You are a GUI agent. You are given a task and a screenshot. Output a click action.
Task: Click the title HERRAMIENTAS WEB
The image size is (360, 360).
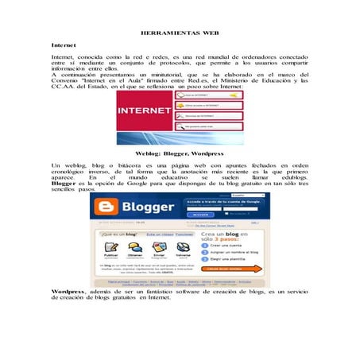coord(179,34)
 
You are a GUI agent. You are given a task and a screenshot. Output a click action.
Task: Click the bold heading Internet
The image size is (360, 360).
coord(63,45)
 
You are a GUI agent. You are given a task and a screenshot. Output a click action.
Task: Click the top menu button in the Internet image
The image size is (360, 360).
coord(209,95)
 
